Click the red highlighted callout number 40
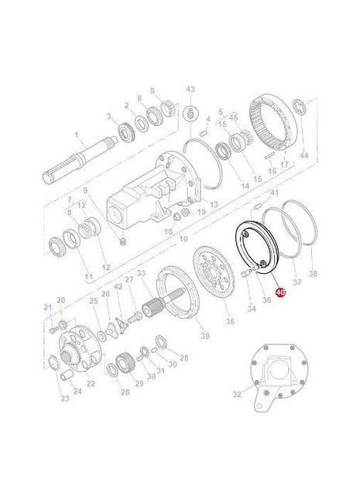[279, 293]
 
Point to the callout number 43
[190, 89]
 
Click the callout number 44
[303, 156]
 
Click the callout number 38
[313, 273]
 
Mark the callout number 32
[237, 395]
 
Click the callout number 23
[64, 398]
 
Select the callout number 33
[141, 272]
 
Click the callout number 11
[88, 276]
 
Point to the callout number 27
[129, 279]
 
